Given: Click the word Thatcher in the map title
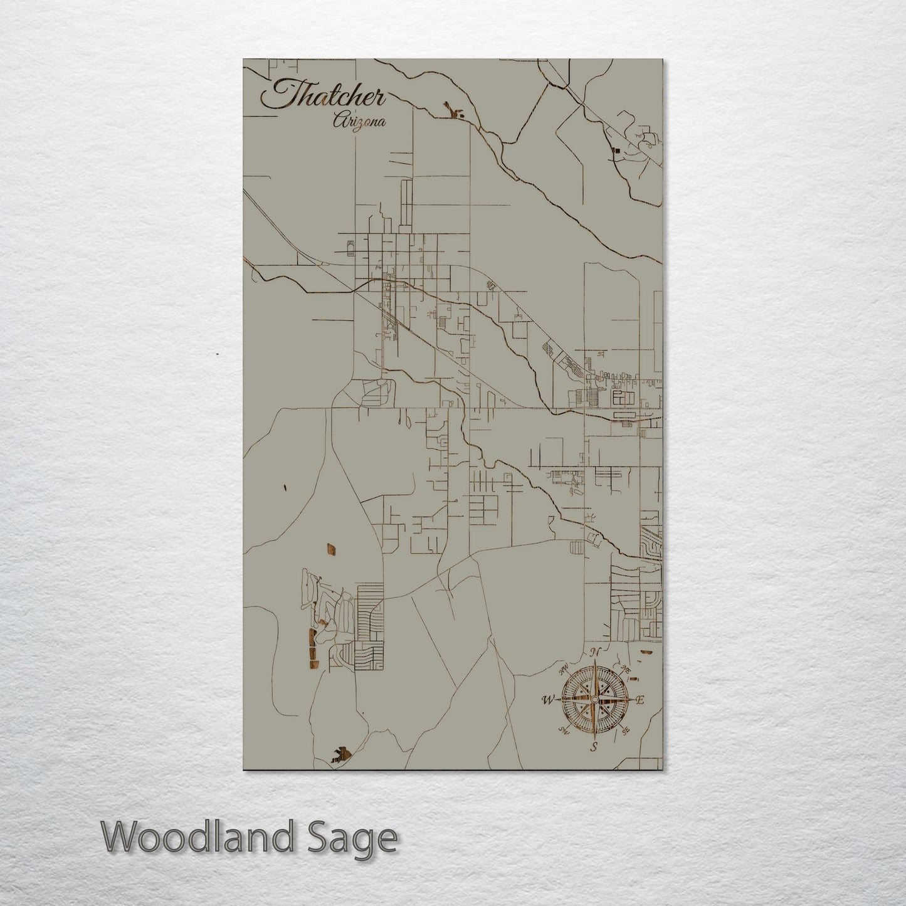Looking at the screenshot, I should (x=324, y=95).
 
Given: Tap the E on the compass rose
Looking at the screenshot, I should (x=640, y=700).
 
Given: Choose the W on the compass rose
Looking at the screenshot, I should (x=548, y=700).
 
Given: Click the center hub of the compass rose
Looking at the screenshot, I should (x=594, y=698).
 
